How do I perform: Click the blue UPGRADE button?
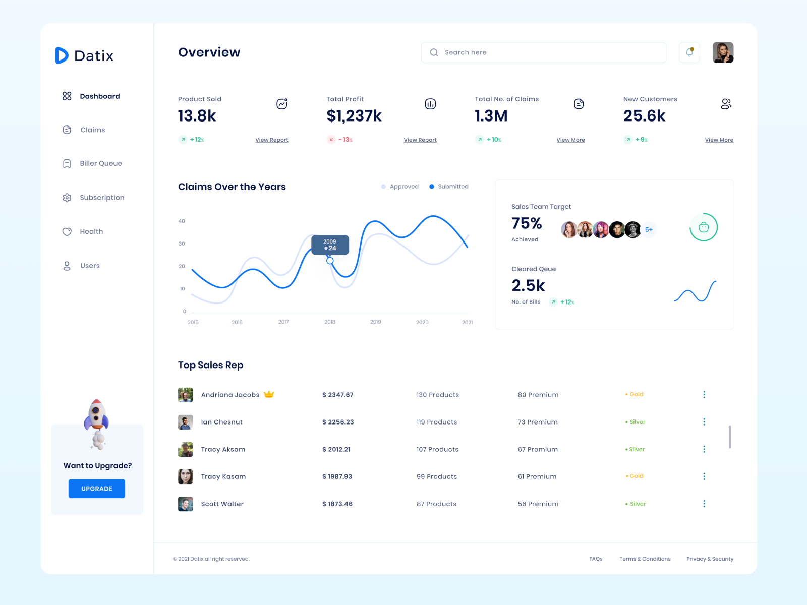tap(97, 489)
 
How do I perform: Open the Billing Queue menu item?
tap(100, 163)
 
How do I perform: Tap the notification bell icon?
tap(689, 52)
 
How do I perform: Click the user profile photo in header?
tap(723, 52)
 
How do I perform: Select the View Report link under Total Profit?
tap(420, 140)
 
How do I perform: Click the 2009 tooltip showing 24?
tap(330, 245)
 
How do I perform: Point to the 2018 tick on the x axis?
tap(330, 322)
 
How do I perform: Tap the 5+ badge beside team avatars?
tap(649, 230)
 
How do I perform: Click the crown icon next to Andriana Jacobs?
tap(269, 394)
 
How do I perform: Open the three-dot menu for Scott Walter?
tap(704, 504)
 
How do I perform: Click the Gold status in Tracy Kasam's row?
tap(635, 476)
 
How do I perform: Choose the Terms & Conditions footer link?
tap(645, 559)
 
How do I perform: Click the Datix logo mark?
tap(62, 55)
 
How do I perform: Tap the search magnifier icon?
tap(434, 52)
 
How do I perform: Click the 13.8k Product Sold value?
tap(197, 116)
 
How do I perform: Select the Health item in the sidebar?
tap(91, 231)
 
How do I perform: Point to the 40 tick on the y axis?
tap(182, 221)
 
